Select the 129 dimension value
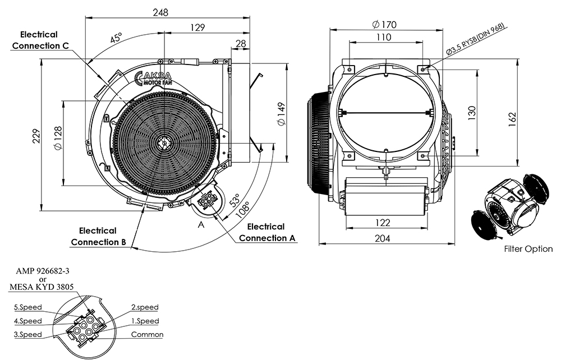pyautogui.click(x=197, y=27)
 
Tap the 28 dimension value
pyautogui.click(x=241, y=43)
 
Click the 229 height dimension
pyautogui.click(x=36, y=136)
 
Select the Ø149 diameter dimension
pyautogui.click(x=281, y=114)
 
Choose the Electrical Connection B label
pyautogui.click(x=98, y=236)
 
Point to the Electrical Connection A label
pyautogui.click(x=266, y=232)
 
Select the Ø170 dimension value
pyautogui.click(x=384, y=24)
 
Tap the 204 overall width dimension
pyautogui.click(x=382, y=238)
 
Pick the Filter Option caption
pyautogui.click(x=528, y=249)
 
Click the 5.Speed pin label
pyautogui.click(x=28, y=308)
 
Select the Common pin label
pyautogui.click(x=147, y=335)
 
